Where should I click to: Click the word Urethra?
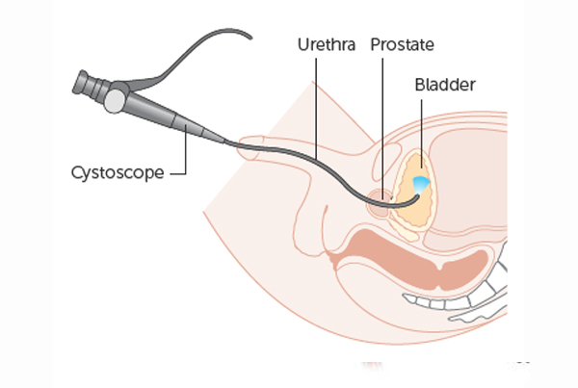click(x=327, y=44)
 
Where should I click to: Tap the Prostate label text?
click(x=402, y=44)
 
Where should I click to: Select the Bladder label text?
click(x=445, y=85)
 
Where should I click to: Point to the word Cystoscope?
click(x=118, y=172)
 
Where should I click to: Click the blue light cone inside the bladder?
click(x=420, y=184)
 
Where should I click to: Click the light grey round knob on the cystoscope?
click(x=115, y=101)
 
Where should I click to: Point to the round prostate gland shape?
click(x=379, y=203)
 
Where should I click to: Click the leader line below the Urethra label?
click(x=316, y=109)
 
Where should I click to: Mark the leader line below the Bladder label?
click(x=422, y=134)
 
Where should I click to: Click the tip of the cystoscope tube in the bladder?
click(x=418, y=196)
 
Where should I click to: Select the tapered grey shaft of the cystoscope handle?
click(x=173, y=118)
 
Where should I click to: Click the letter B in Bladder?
click(x=420, y=85)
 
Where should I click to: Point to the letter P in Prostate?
click(x=376, y=44)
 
